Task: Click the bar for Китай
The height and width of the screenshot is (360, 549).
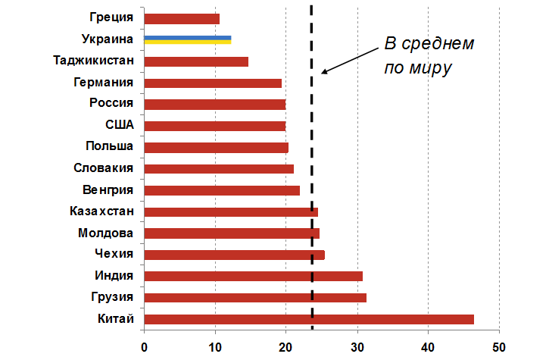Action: pos(308,319)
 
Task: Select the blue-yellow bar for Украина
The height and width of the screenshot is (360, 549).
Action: pos(187,39)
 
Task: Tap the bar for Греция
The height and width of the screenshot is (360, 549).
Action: pos(181,18)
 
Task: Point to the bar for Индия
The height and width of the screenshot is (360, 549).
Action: pos(253,277)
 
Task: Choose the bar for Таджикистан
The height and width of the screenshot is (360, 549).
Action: pos(195,61)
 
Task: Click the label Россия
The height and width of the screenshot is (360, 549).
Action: pos(111,104)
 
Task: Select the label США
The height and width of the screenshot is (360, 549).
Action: pos(120,125)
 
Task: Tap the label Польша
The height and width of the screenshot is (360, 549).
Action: pos(110,146)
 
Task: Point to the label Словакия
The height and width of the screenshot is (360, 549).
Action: pos(104,167)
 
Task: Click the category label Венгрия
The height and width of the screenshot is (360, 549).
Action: pos(108,189)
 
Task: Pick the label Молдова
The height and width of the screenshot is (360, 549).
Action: pos(106,232)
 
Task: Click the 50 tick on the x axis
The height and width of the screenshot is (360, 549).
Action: pos(499,346)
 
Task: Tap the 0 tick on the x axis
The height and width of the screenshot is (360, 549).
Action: pos(144,346)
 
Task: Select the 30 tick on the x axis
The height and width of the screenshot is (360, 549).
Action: pos(357,346)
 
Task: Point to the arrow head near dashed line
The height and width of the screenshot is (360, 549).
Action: pos(324,72)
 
